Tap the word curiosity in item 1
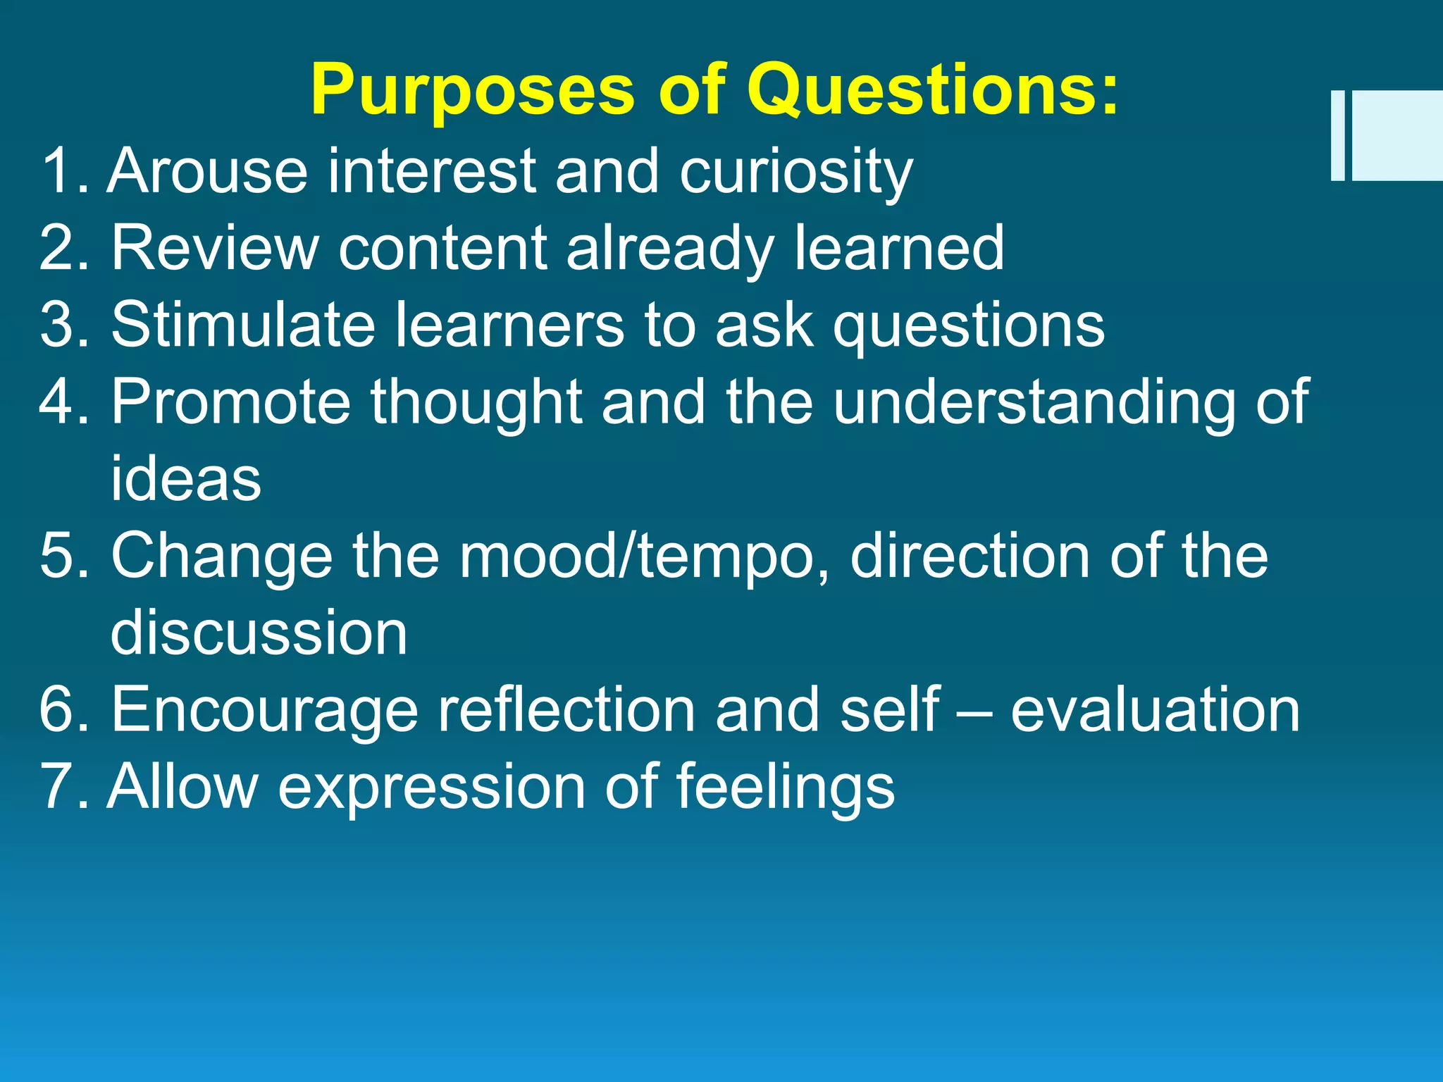(795, 173)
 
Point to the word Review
(215, 247)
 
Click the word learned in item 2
(898, 247)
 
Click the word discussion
(259, 632)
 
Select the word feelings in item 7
(785, 788)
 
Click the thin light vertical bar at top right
(1337, 135)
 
